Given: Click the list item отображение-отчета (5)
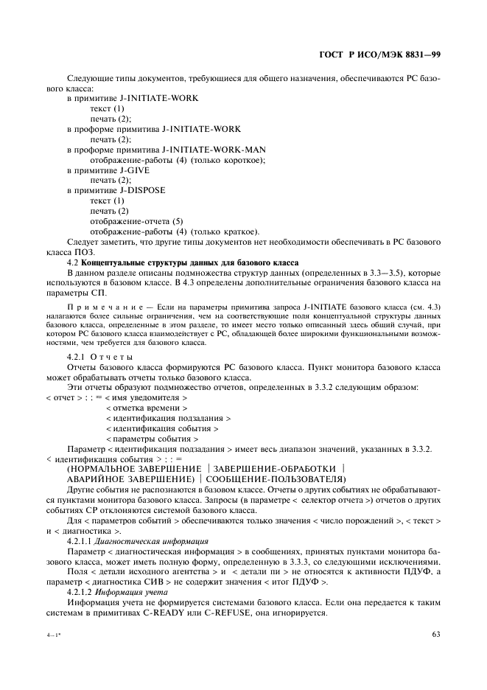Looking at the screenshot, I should [x=136, y=221].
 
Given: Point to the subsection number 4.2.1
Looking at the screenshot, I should [x=78, y=357].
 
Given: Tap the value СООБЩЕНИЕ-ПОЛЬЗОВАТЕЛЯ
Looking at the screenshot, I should [x=279, y=478].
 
